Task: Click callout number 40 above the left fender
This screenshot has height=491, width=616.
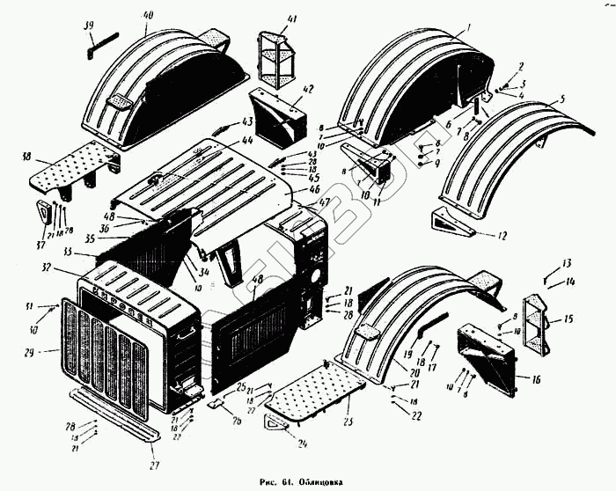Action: pyautogui.click(x=147, y=15)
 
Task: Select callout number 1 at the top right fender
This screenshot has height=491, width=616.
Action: pyautogui.click(x=469, y=27)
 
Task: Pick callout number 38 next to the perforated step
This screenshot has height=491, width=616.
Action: pyautogui.click(x=27, y=157)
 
